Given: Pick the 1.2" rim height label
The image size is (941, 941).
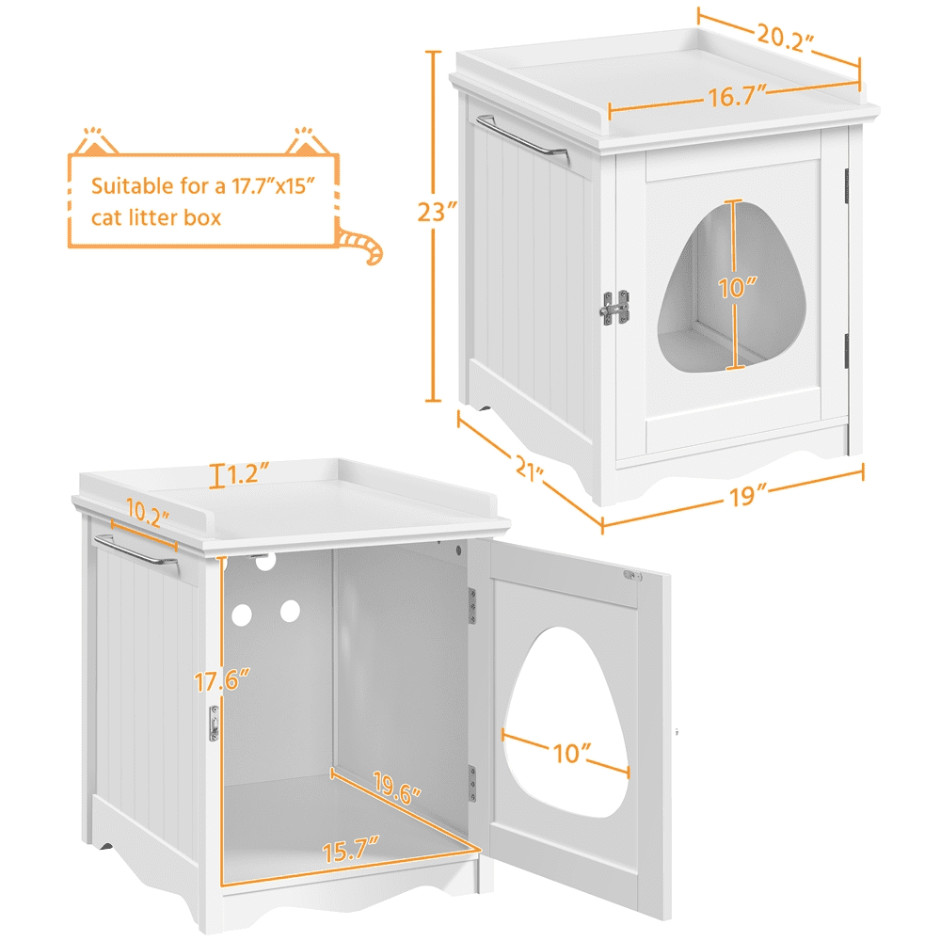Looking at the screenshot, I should point(247,472).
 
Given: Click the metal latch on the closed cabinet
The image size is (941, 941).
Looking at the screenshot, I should point(615,308).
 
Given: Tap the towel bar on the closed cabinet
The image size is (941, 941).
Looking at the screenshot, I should point(520,136).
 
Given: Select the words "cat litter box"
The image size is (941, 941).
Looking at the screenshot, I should point(156,217).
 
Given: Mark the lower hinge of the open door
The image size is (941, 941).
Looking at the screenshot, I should point(473,781).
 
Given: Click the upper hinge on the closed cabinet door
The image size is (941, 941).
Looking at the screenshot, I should point(847,178).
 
